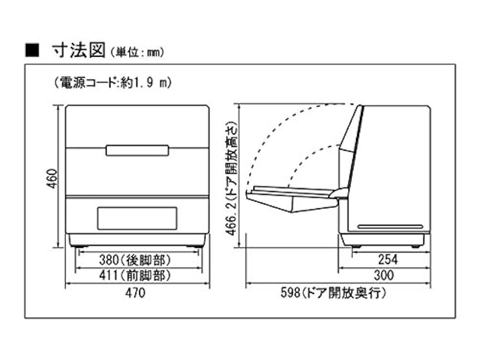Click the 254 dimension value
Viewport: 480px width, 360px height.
click(x=388, y=260)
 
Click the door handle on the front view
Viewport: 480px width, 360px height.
click(x=137, y=150)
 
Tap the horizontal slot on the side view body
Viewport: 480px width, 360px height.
click(x=390, y=226)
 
